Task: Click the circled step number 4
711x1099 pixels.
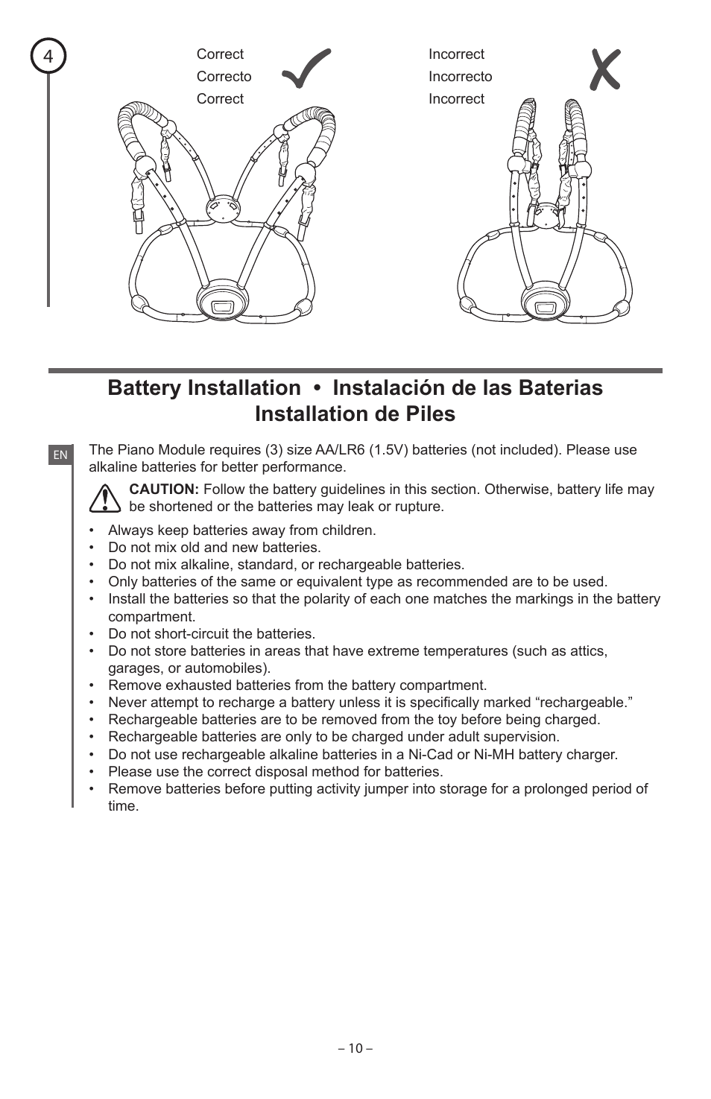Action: click(x=48, y=57)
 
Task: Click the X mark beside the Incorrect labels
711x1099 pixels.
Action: click(x=604, y=70)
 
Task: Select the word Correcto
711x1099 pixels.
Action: click(x=224, y=77)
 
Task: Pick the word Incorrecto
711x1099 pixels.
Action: click(x=460, y=77)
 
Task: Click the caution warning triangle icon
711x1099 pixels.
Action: click(x=105, y=498)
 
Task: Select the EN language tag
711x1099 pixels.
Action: click(x=60, y=455)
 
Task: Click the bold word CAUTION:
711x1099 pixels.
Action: click(x=164, y=490)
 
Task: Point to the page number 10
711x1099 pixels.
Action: click(x=355, y=1048)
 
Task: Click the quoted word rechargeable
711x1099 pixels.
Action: click(x=583, y=703)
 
